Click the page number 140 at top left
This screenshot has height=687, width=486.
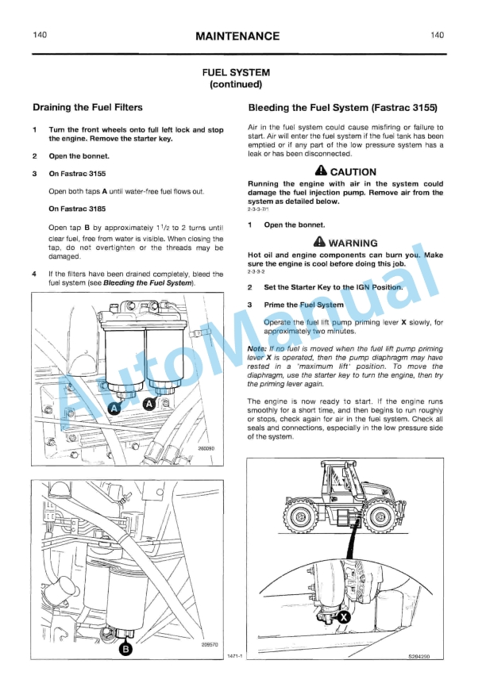pyautogui.click(x=40, y=36)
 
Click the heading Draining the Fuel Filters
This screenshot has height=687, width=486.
pyautogui.click(x=87, y=107)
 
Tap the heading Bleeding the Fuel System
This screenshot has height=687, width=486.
pyautogui.click(x=342, y=107)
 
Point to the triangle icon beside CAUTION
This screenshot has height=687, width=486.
pyautogui.click(x=321, y=171)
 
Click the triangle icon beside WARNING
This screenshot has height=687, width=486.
pyautogui.click(x=319, y=242)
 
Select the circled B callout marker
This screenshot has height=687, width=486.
pyautogui.click(x=125, y=649)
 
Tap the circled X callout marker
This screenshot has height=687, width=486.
pyautogui.click(x=343, y=616)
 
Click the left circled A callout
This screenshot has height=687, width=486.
pyautogui.click(x=114, y=408)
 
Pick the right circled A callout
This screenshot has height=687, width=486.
pyautogui.click(x=148, y=403)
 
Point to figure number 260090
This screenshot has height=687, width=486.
pyautogui.click(x=206, y=448)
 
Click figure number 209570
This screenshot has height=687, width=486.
pyautogui.click(x=207, y=644)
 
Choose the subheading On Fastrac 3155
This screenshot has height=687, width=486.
pyautogui.click(x=77, y=173)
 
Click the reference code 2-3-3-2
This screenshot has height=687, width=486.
pyautogui.click(x=257, y=273)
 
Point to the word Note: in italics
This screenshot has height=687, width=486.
pyautogui.click(x=257, y=348)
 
